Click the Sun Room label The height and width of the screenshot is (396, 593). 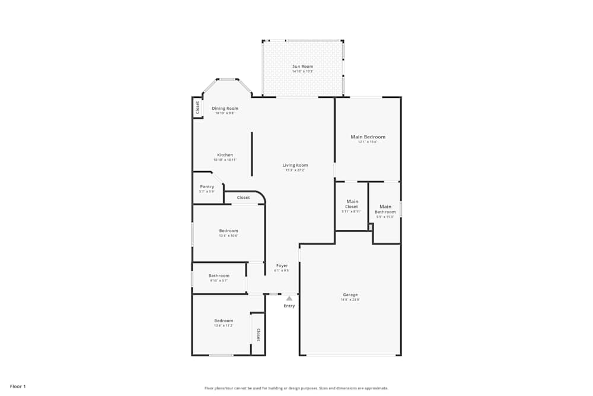point(302,66)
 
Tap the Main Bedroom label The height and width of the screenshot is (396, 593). point(368,137)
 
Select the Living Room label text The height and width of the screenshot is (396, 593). point(295,165)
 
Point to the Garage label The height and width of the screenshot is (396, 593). point(350,294)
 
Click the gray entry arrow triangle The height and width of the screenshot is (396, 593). point(289,298)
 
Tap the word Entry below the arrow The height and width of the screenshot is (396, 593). point(289,306)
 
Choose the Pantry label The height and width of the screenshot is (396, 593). point(207,186)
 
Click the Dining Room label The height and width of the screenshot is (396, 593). point(225,108)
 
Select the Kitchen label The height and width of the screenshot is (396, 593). point(225,155)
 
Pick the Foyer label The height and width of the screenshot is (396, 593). point(282,265)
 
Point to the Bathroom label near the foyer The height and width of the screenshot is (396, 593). point(219,275)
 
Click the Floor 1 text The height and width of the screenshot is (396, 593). point(18,387)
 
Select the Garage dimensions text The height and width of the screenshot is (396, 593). point(350,300)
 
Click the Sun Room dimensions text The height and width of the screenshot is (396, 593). point(302,72)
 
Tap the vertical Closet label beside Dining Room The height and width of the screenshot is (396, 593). point(197,107)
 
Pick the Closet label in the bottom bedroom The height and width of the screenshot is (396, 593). point(258,335)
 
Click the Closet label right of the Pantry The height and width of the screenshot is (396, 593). point(243,198)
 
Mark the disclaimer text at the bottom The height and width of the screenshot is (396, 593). point(296,388)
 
